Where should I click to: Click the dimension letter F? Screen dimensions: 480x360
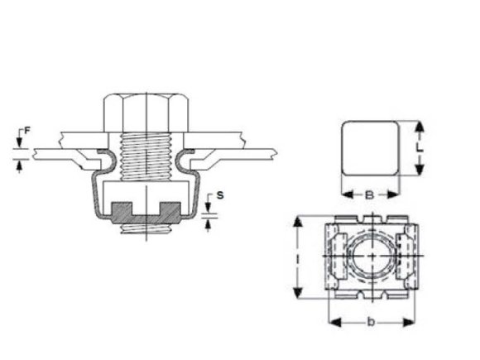(x=27, y=131)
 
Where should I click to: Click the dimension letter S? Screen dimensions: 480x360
(x=220, y=195)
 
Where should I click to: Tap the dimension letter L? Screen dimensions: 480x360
(x=420, y=148)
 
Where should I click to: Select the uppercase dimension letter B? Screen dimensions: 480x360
(x=369, y=194)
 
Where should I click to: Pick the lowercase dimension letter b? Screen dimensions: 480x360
(x=371, y=322)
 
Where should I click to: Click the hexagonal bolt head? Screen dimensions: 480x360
(x=146, y=113)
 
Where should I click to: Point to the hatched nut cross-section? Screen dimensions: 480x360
(x=146, y=213)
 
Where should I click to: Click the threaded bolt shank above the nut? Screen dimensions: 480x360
(x=146, y=156)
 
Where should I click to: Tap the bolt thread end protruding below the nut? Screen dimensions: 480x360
(x=146, y=228)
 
